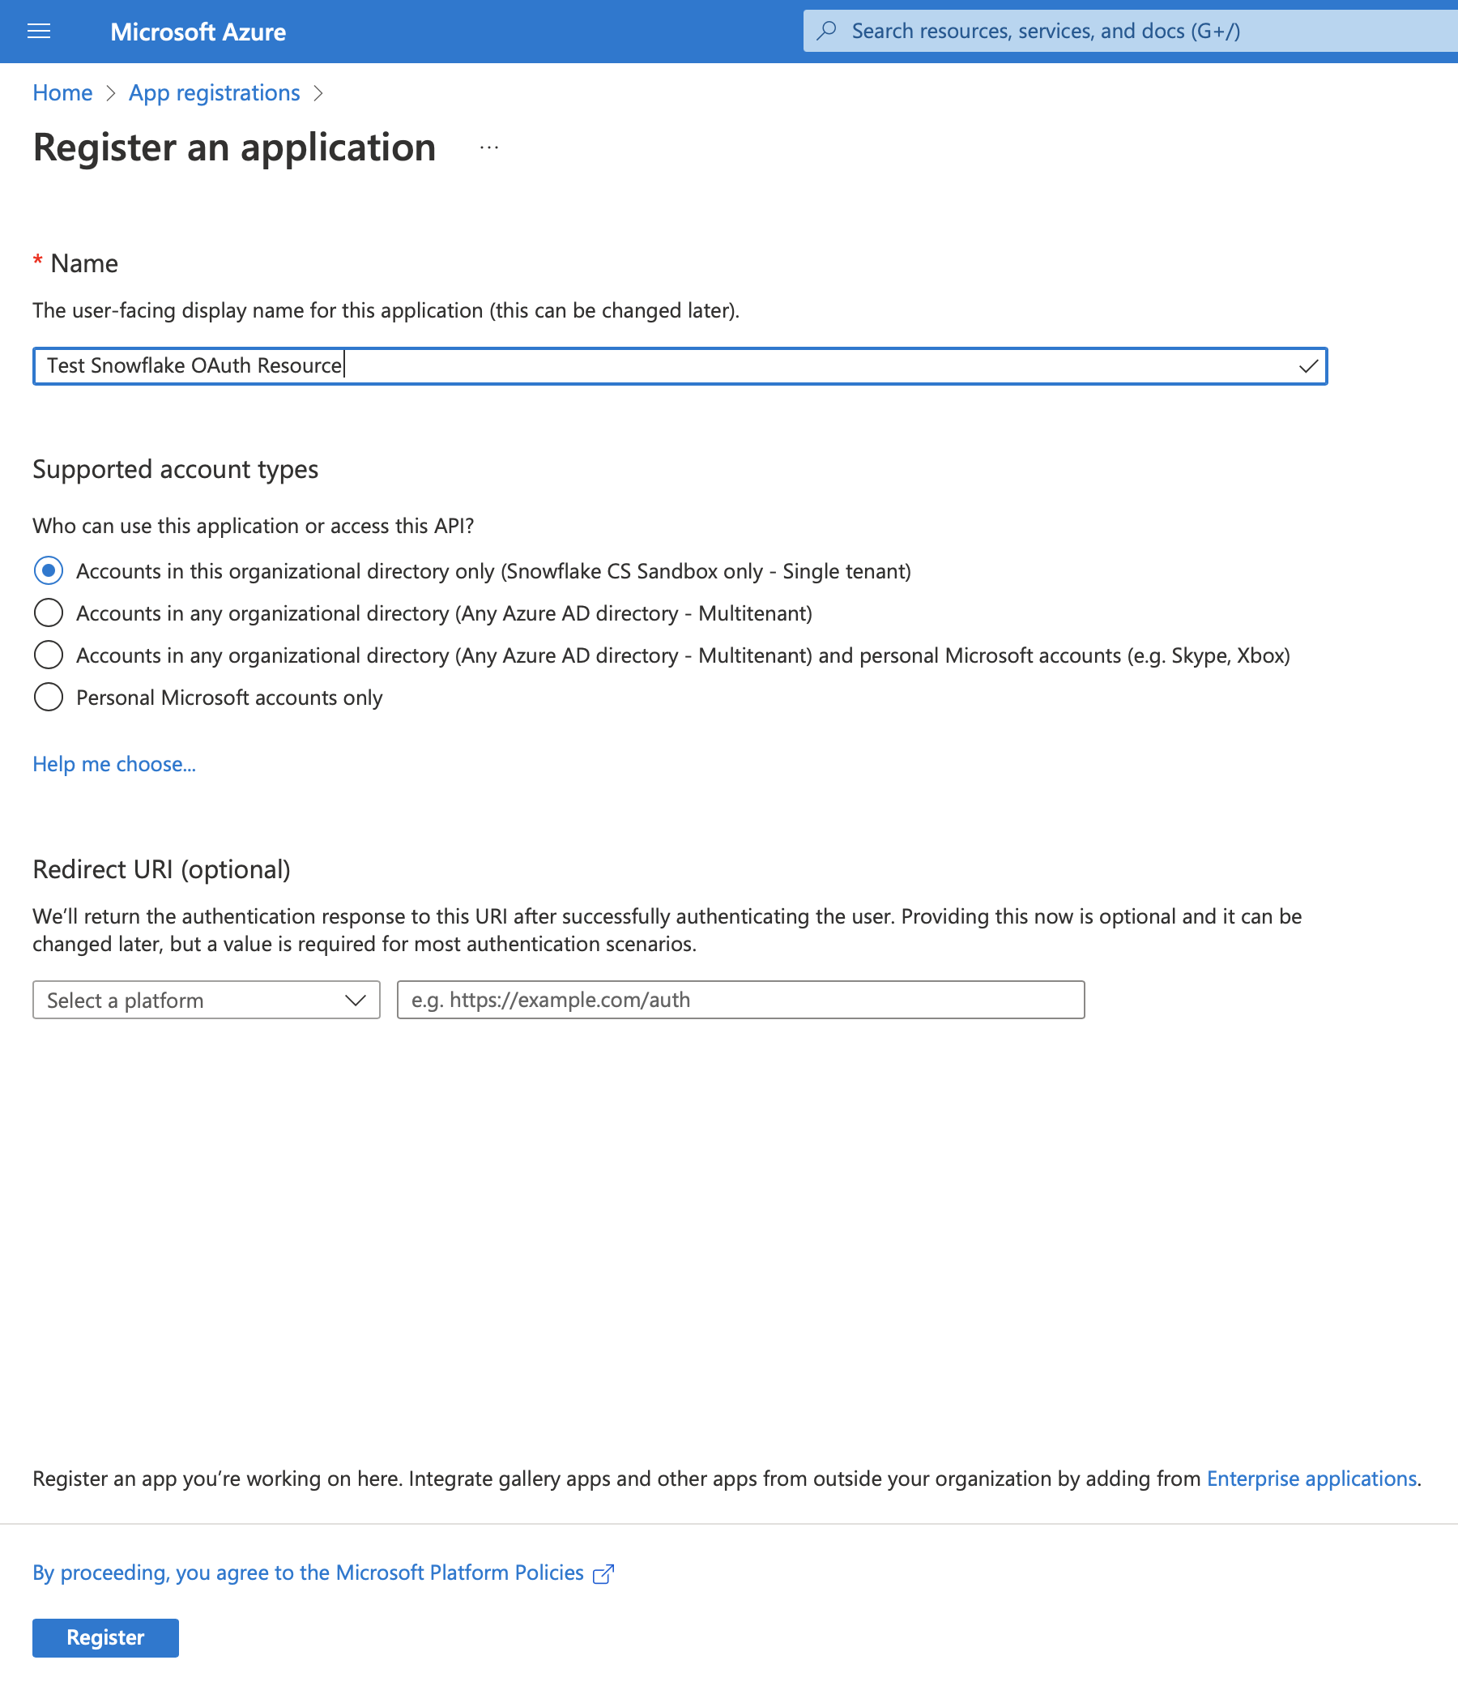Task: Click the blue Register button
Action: click(x=105, y=1637)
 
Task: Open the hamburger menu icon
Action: click(x=39, y=32)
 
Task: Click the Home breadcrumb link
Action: click(x=63, y=93)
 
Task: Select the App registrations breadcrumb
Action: click(x=215, y=93)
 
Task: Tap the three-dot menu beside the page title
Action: click(x=489, y=147)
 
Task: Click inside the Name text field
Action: click(x=652, y=365)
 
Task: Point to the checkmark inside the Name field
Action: click(x=1308, y=366)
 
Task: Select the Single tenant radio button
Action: click(x=48, y=571)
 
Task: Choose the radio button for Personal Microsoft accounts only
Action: click(x=48, y=698)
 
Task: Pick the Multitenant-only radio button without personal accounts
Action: click(x=48, y=613)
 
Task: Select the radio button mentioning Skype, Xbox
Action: click(x=48, y=655)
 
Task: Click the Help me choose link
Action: click(x=114, y=764)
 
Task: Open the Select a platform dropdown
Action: click(x=207, y=1000)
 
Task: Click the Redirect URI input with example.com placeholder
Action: click(x=740, y=1000)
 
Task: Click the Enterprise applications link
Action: click(x=1311, y=1479)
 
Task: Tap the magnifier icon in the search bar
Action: click(x=827, y=31)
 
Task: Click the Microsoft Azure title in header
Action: click(x=198, y=32)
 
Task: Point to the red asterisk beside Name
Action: click(x=37, y=261)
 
